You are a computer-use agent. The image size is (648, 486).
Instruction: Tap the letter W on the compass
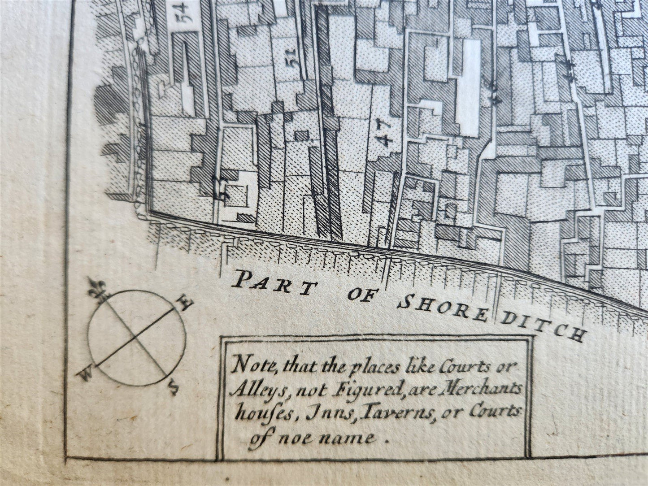[85, 373]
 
